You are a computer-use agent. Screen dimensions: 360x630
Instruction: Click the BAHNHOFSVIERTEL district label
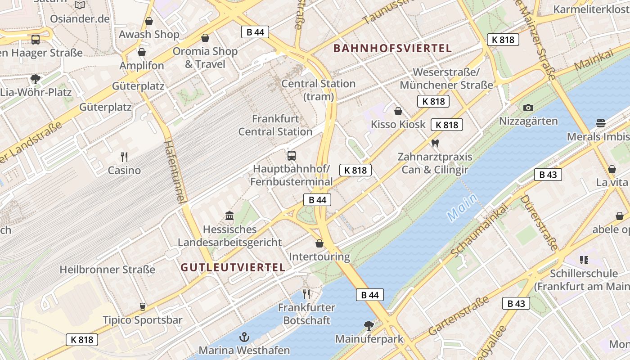coord(392,49)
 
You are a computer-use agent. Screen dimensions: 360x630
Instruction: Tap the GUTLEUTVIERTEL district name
coord(233,267)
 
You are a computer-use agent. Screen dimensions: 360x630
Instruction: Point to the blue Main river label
coord(462,207)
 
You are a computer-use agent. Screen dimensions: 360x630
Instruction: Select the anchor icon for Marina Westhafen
coord(244,337)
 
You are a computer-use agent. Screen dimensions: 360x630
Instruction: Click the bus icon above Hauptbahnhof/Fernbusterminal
coord(292,156)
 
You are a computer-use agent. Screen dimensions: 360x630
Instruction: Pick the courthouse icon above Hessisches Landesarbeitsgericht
coord(229,216)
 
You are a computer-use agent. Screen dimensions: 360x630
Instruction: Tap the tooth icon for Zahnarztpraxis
coord(435,144)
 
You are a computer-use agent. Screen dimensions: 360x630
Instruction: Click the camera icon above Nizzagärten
coord(528,108)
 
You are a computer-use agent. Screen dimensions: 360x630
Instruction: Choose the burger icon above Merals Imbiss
coord(600,123)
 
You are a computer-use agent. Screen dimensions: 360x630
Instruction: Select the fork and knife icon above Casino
coord(124,157)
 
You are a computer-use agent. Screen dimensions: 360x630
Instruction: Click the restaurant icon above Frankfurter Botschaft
coord(306,294)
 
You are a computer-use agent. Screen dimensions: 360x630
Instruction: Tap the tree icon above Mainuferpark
coord(369,325)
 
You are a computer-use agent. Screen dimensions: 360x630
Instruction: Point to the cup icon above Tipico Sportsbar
coord(143,307)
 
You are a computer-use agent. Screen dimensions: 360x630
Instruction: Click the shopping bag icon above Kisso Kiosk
coord(398,111)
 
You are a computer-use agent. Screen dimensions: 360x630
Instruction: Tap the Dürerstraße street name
coord(539,222)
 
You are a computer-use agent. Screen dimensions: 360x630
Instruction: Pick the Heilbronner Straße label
coord(108,270)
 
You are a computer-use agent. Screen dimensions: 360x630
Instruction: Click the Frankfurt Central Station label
coord(275,126)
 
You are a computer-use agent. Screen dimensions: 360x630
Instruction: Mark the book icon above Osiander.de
coord(80,5)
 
